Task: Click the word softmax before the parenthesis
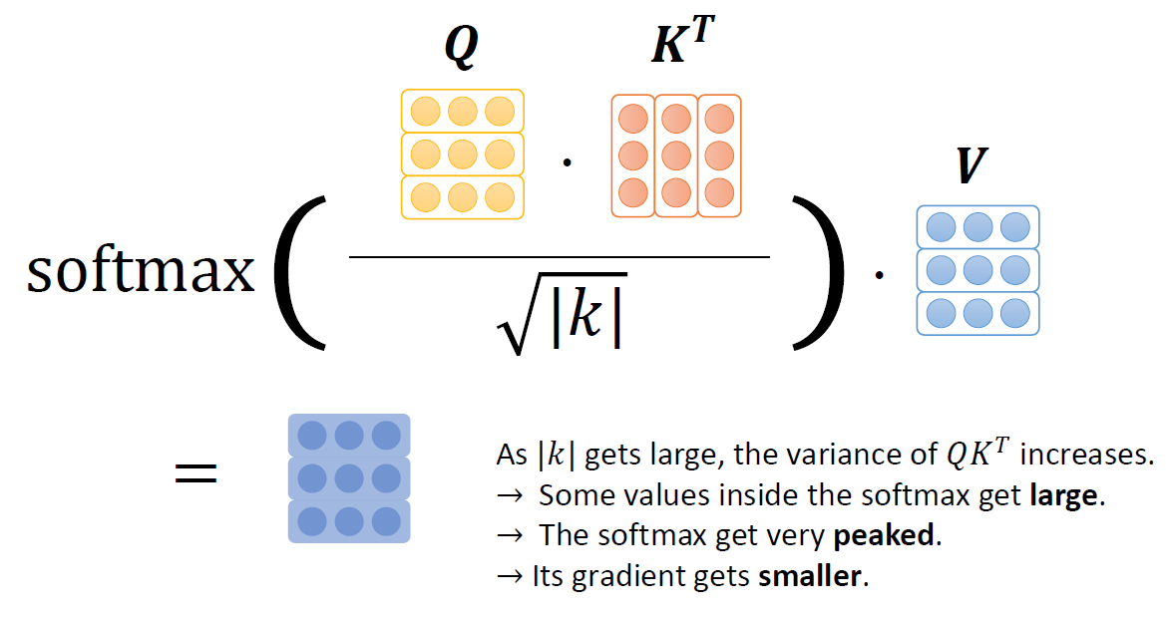tap(141, 271)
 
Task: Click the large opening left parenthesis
tap(299, 271)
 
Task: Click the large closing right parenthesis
tap(824, 271)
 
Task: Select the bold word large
tap(1066, 495)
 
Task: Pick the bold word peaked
tap(885, 535)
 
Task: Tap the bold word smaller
tap(811, 576)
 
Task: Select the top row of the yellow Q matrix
tap(462, 111)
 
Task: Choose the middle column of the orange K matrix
tap(676, 155)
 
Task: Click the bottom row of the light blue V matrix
tap(977, 313)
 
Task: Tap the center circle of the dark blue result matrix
tap(349, 478)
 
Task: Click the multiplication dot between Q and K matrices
tap(567, 161)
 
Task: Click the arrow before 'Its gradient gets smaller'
tap(510, 576)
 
